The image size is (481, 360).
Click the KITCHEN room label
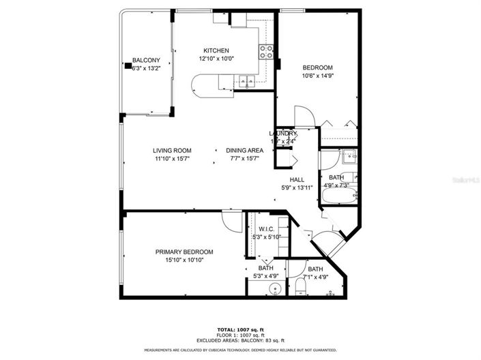point(216,50)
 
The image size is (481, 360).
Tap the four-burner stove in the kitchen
point(265,50)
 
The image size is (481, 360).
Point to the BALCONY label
point(146,59)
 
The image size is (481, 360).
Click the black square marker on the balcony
point(126,66)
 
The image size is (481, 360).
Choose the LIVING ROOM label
point(171,151)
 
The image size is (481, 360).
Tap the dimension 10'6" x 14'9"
point(317,76)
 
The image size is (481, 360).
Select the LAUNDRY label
point(282,134)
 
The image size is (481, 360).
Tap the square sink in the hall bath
point(349,157)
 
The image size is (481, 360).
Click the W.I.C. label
point(265,229)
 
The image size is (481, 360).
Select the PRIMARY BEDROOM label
point(179,252)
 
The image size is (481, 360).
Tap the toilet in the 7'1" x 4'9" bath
point(300,287)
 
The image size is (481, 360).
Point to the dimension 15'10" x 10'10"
point(179,260)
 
